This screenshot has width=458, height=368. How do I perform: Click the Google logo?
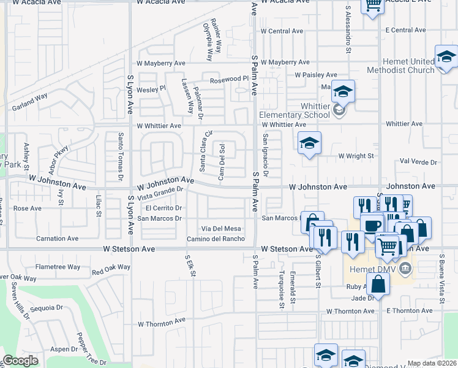pos(20,361)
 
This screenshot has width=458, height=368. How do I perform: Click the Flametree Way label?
pos(58,267)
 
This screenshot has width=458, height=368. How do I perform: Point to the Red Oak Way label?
pos(111,269)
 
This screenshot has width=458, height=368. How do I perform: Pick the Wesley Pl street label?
pos(151,89)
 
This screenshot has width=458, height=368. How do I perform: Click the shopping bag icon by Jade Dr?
pos(379,285)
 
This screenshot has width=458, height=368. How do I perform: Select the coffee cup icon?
pos(371,226)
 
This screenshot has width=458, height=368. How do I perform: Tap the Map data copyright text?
pos(432,363)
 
